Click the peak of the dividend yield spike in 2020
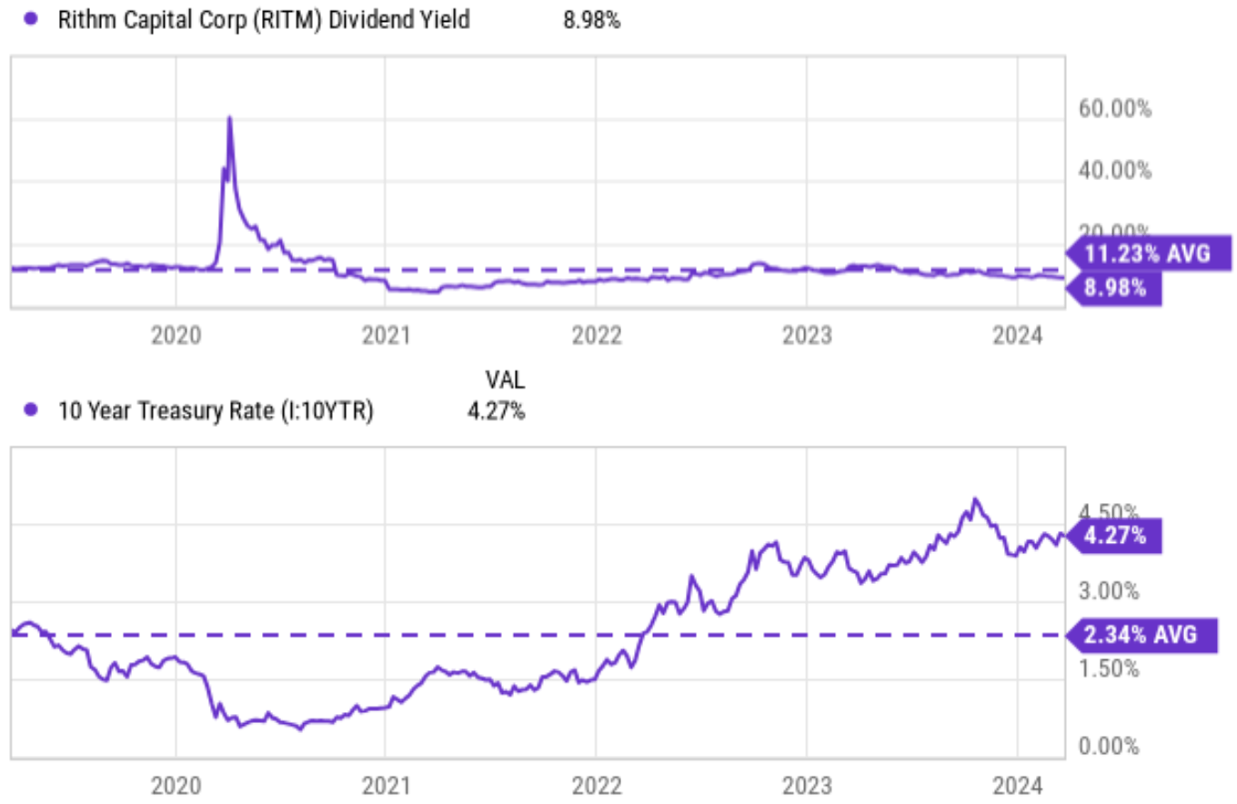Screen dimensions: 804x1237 (x=229, y=117)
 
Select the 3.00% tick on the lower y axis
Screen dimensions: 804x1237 (x=1108, y=590)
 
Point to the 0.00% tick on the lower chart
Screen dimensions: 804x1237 (x=1108, y=747)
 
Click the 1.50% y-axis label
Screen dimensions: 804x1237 (x=1108, y=668)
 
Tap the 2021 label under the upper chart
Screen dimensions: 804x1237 (x=386, y=335)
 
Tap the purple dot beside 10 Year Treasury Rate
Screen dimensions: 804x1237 (x=32, y=411)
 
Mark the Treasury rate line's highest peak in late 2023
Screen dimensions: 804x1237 (x=975, y=499)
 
